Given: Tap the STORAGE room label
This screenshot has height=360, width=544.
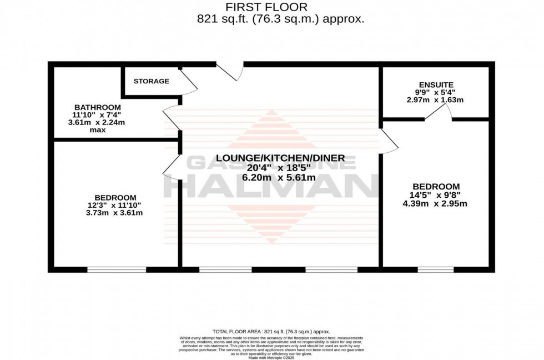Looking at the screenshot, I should pyautogui.click(x=151, y=81).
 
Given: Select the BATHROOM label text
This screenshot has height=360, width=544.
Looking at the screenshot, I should pyautogui.click(x=97, y=107).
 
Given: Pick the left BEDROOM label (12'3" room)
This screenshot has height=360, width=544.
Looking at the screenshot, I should pyautogui.click(x=115, y=197).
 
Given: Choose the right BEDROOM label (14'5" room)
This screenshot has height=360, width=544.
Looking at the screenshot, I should pyautogui.click(x=436, y=186).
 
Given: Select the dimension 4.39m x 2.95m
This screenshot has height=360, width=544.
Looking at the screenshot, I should pyautogui.click(x=436, y=203).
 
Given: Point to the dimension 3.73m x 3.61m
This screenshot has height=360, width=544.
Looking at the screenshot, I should pyautogui.click(x=115, y=213).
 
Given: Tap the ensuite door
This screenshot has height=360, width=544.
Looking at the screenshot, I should pyautogui.click(x=439, y=113).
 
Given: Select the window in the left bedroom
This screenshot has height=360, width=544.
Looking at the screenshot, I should pyautogui.click(x=117, y=269).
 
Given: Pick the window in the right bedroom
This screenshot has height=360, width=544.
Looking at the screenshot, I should pyautogui.click(x=436, y=269).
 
